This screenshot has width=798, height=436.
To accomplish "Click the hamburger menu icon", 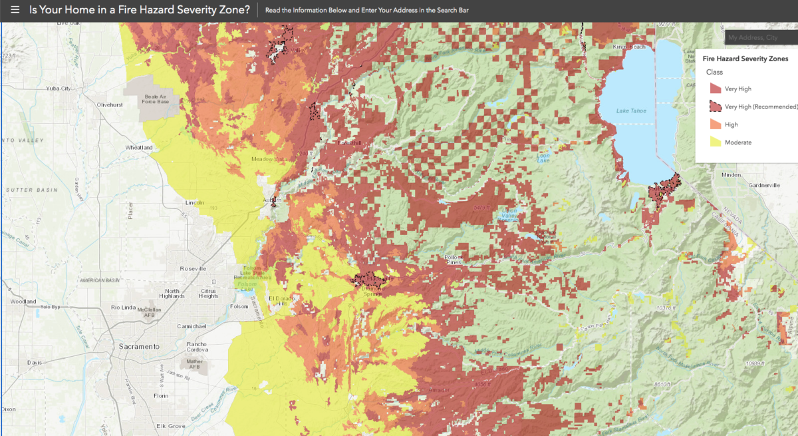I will (x=15, y=11).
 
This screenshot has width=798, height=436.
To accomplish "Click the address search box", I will (x=761, y=38).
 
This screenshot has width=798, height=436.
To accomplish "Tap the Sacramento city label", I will (x=139, y=347).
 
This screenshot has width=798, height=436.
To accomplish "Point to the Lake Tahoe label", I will (x=630, y=110).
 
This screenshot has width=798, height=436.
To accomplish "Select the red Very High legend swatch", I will (x=715, y=89).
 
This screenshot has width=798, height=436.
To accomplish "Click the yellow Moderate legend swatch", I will (x=715, y=142).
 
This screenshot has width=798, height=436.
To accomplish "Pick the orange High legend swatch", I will (x=715, y=124).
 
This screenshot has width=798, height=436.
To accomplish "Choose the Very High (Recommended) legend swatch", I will (x=715, y=107).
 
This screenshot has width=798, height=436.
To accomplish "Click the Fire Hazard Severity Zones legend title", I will (x=745, y=59).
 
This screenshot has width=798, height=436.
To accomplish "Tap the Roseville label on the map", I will (x=193, y=268).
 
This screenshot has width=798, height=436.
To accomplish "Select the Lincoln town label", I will (x=195, y=202).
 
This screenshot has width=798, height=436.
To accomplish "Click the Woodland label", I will (x=23, y=302).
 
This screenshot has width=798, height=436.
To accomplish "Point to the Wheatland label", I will (x=139, y=147).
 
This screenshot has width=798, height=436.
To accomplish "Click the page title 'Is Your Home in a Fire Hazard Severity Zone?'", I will (x=140, y=11).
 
